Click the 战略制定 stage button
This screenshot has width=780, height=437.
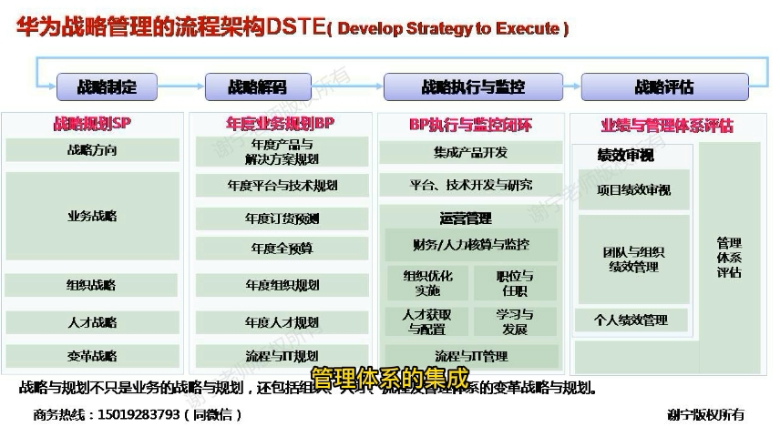(x=108, y=87)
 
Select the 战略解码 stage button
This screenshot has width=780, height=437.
(x=257, y=87)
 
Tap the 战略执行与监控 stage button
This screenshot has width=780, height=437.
(x=472, y=87)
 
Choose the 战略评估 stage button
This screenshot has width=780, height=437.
(x=664, y=87)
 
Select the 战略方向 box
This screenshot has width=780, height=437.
(x=92, y=150)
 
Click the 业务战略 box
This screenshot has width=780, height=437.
(x=92, y=217)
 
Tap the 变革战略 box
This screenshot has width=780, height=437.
(x=92, y=356)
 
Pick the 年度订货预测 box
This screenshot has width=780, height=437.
(x=282, y=218)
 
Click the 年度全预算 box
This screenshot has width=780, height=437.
(x=282, y=248)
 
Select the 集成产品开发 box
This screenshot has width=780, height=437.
(x=470, y=152)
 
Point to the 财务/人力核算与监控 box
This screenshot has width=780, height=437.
(x=470, y=244)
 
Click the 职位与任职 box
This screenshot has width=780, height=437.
(x=515, y=283)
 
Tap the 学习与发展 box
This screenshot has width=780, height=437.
(x=515, y=321)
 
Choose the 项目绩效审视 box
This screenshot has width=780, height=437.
(x=633, y=191)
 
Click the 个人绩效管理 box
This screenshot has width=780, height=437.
(x=631, y=320)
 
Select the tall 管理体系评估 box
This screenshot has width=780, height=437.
(x=729, y=258)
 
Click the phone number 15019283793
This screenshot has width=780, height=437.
(x=137, y=415)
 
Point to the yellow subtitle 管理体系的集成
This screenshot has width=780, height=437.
(x=389, y=377)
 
